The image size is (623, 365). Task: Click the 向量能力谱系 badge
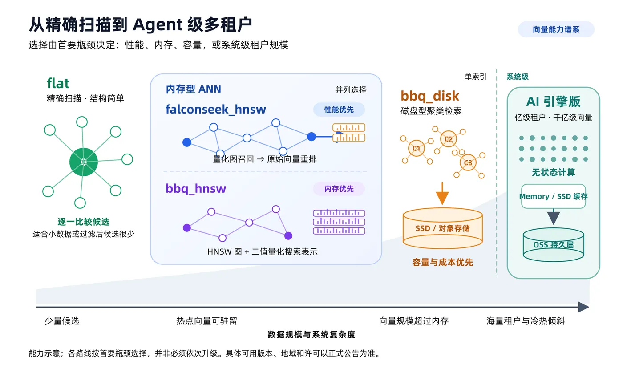click(556, 29)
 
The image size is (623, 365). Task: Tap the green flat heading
click(58, 83)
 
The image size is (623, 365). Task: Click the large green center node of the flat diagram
click(84, 162)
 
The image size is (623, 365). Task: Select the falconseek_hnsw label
click(215, 109)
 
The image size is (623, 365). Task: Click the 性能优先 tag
click(339, 109)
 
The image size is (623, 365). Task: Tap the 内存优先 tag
click(339, 189)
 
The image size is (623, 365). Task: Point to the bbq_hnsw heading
click(196, 189)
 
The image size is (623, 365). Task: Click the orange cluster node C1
click(416, 148)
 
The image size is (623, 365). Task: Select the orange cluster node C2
click(449, 139)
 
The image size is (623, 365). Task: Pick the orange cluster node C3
click(468, 162)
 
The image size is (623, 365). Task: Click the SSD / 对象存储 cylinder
click(442, 228)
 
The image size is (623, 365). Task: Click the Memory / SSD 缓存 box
click(554, 196)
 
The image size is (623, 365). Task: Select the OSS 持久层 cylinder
click(554, 245)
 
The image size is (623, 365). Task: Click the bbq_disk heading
click(430, 96)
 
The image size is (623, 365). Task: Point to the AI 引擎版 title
click(554, 101)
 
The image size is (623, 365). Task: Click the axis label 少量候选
click(62, 321)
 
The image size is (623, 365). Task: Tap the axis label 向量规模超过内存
click(413, 321)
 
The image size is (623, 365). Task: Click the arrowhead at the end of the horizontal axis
click(583, 307)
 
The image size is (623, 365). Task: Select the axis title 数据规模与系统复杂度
click(311, 334)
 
